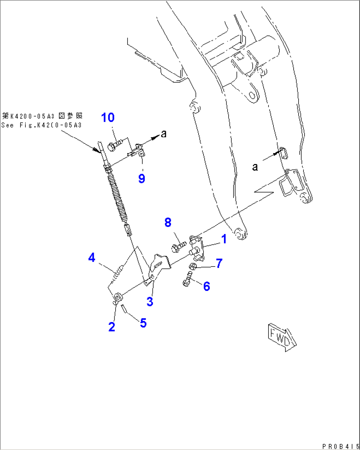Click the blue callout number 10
coord(108,117)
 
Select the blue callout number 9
coord(142,179)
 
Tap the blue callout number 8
coord(168,223)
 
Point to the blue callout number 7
coord(219,264)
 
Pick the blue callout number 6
coord(207,286)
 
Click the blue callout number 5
coord(143,323)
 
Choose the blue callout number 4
coord(91,257)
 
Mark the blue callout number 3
coord(150,301)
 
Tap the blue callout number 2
coord(112,327)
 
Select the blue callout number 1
coord(224,239)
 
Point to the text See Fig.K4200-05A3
coord(41,125)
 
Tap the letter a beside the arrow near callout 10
coord(164,134)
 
